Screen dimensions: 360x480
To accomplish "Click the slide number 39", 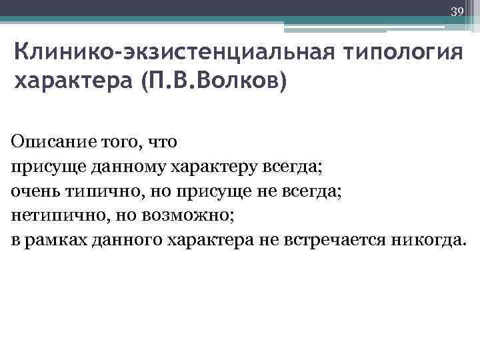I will (457, 11).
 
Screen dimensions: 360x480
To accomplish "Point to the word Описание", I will (47, 142).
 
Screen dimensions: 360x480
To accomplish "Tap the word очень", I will (34, 191).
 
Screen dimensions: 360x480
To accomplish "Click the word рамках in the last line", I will (53, 241).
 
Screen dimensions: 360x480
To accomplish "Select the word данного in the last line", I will (124, 241).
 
